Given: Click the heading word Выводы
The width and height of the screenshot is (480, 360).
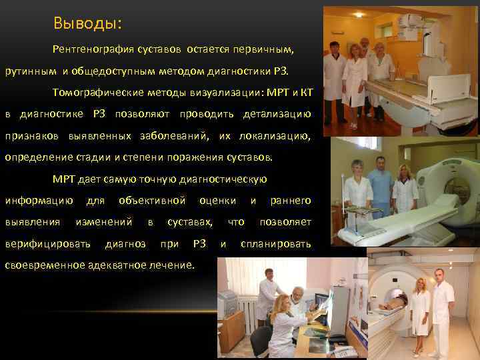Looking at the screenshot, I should pyautogui.click(x=87, y=23).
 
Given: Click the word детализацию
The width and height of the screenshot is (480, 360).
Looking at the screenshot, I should pyautogui.click(x=278, y=114).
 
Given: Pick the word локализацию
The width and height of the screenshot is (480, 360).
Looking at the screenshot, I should pyautogui.click(x=273, y=136).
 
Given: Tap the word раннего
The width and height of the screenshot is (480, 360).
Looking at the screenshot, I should pyautogui.click(x=290, y=201).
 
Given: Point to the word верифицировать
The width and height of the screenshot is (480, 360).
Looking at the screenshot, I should pyautogui.click(x=48, y=244).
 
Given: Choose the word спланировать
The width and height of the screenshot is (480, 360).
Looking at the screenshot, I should pyautogui.click(x=275, y=244).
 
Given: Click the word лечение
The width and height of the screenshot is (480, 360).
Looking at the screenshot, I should pyautogui.click(x=175, y=265).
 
